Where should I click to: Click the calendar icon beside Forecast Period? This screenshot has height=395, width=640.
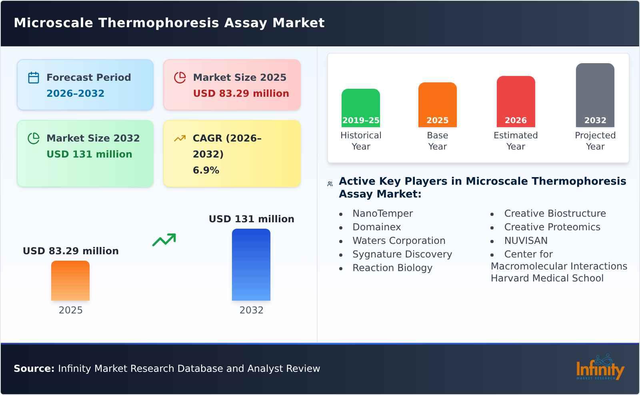[x=34, y=78]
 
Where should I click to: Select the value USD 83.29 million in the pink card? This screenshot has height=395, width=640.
[x=241, y=93]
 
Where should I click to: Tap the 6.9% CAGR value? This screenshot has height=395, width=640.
[x=206, y=170]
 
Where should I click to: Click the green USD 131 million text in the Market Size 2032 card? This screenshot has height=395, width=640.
[x=89, y=154]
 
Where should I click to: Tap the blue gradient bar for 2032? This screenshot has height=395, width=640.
[x=251, y=264]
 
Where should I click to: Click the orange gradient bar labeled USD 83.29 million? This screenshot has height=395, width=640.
[x=70, y=280]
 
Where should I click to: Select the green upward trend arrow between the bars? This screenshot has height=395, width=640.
[x=164, y=239]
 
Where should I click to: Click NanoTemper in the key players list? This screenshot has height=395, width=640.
[x=382, y=213]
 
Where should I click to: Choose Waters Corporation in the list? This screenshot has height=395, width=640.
[x=398, y=241]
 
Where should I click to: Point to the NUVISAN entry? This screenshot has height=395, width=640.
[x=526, y=241]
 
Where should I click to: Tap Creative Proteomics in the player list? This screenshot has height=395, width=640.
[x=552, y=227]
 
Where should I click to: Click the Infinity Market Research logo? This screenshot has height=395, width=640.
[x=600, y=368]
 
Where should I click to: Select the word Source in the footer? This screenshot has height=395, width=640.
[x=34, y=369]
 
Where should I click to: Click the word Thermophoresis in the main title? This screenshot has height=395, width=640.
[x=159, y=23]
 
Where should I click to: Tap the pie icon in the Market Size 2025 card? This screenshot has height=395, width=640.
[x=180, y=78]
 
